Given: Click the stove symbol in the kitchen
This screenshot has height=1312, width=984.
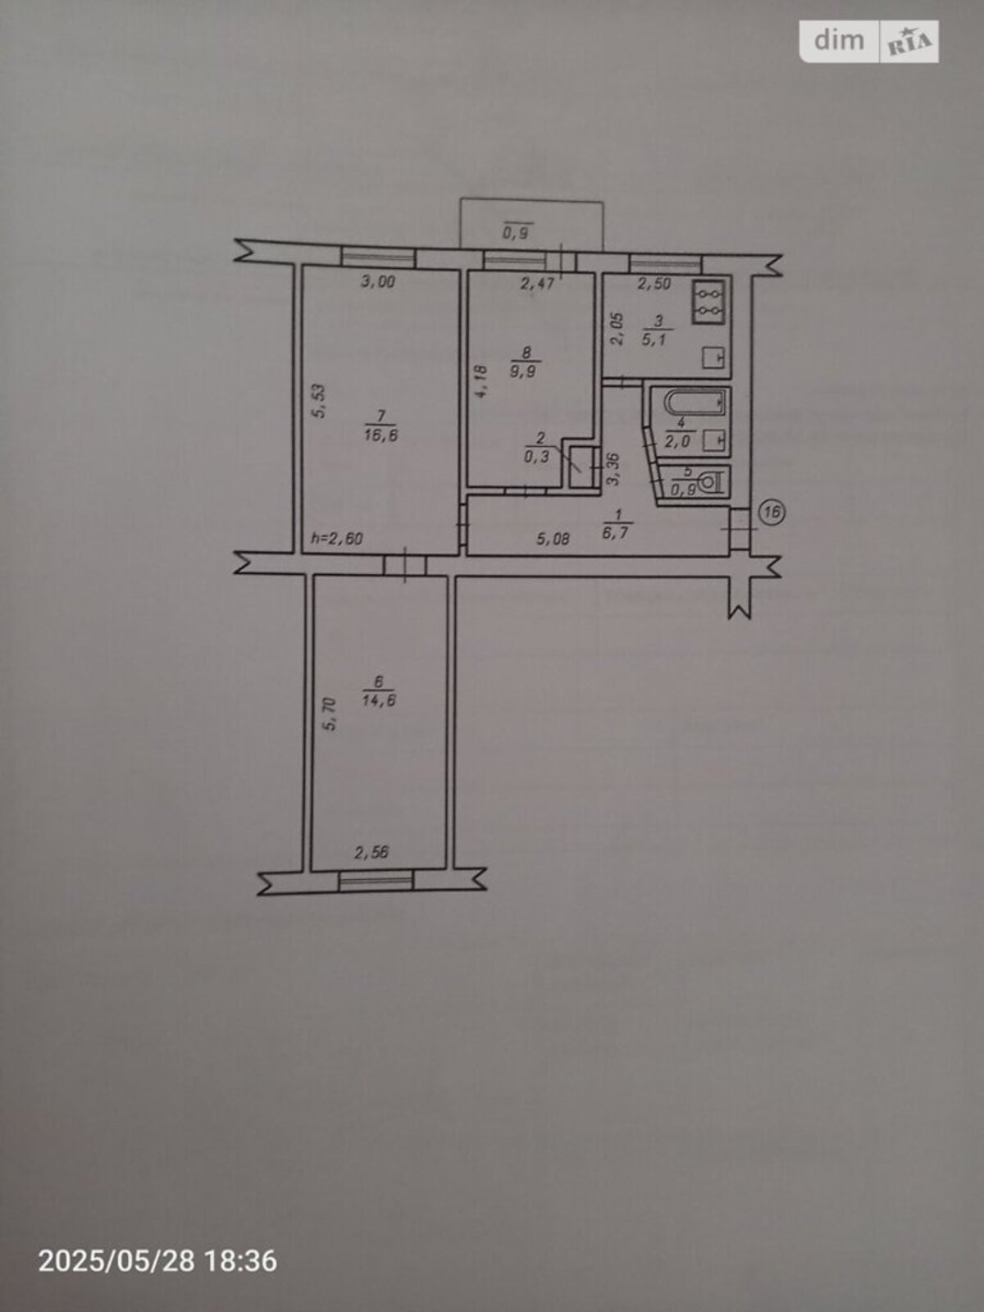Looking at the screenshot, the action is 708,303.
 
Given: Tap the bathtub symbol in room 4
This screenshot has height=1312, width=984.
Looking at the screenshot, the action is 697,403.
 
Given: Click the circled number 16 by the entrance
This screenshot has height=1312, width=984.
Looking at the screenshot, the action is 772,512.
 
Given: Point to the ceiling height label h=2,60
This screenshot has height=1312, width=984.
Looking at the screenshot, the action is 337,539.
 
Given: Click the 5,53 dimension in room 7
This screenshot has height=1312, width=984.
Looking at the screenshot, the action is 320,400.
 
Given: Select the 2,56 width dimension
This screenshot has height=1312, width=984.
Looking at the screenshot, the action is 371,852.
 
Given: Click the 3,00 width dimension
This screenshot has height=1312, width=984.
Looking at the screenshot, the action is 377,281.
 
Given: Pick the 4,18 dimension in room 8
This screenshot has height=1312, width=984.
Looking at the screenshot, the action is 482,381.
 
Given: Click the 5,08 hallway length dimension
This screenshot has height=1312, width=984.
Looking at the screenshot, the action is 553,539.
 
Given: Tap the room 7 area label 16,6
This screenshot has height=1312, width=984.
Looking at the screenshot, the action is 380,435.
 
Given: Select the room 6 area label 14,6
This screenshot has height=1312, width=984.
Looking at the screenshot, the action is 379,700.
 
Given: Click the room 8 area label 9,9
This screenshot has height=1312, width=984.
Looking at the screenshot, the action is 523,371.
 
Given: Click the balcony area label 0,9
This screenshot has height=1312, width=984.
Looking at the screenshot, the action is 517,233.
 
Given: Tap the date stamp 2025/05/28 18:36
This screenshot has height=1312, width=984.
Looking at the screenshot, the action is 157,1261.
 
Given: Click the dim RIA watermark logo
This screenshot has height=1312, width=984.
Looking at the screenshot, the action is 868,41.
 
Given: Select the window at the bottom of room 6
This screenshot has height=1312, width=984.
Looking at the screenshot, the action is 376,881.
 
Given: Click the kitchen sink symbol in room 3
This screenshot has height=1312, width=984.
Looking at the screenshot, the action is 713,358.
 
